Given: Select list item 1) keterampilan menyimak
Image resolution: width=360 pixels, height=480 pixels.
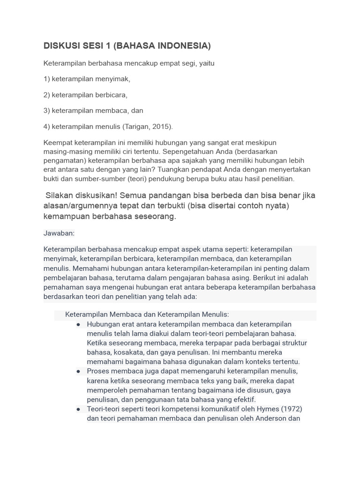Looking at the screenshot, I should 87,79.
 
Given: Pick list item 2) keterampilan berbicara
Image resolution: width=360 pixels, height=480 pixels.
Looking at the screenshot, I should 85,95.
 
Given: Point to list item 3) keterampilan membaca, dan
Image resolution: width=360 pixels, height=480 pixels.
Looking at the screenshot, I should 93,111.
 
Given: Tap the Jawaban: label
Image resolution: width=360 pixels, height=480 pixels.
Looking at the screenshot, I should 59,233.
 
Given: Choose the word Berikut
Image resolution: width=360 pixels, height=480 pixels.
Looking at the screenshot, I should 263,277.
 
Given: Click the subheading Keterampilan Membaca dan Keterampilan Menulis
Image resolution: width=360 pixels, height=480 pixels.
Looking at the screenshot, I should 147,315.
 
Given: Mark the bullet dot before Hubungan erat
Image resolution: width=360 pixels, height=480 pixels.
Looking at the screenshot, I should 78,324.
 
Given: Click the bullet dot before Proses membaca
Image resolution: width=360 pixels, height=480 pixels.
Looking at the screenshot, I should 78,371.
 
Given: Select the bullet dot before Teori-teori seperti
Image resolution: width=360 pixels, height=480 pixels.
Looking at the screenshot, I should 78,409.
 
